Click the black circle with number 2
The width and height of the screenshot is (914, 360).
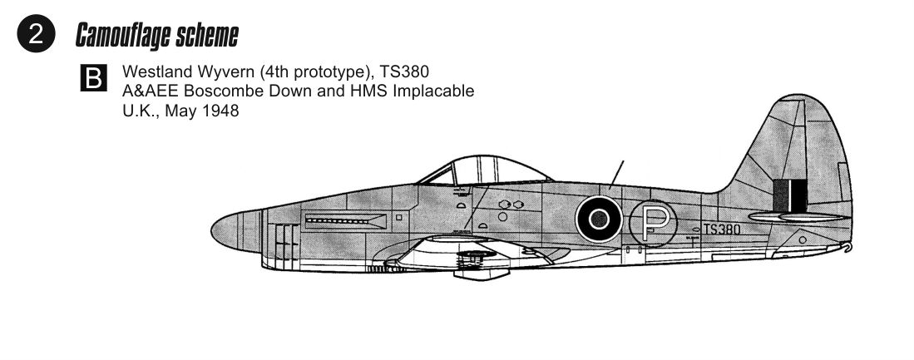[x=36, y=34]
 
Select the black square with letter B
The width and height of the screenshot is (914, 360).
[x=93, y=78]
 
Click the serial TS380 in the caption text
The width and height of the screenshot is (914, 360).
[x=404, y=72]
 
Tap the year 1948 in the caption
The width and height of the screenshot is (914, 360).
[x=221, y=111]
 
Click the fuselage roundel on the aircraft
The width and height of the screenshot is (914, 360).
[x=599, y=219]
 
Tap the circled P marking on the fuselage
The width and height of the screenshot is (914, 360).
[x=653, y=223]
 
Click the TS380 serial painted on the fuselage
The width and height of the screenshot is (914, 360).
[x=722, y=229]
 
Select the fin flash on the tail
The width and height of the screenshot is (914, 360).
[x=790, y=195]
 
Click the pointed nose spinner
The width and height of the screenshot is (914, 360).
[x=225, y=232]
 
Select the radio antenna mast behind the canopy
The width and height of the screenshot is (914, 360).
[x=616, y=174]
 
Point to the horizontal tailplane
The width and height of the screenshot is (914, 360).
[x=798, y=217]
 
